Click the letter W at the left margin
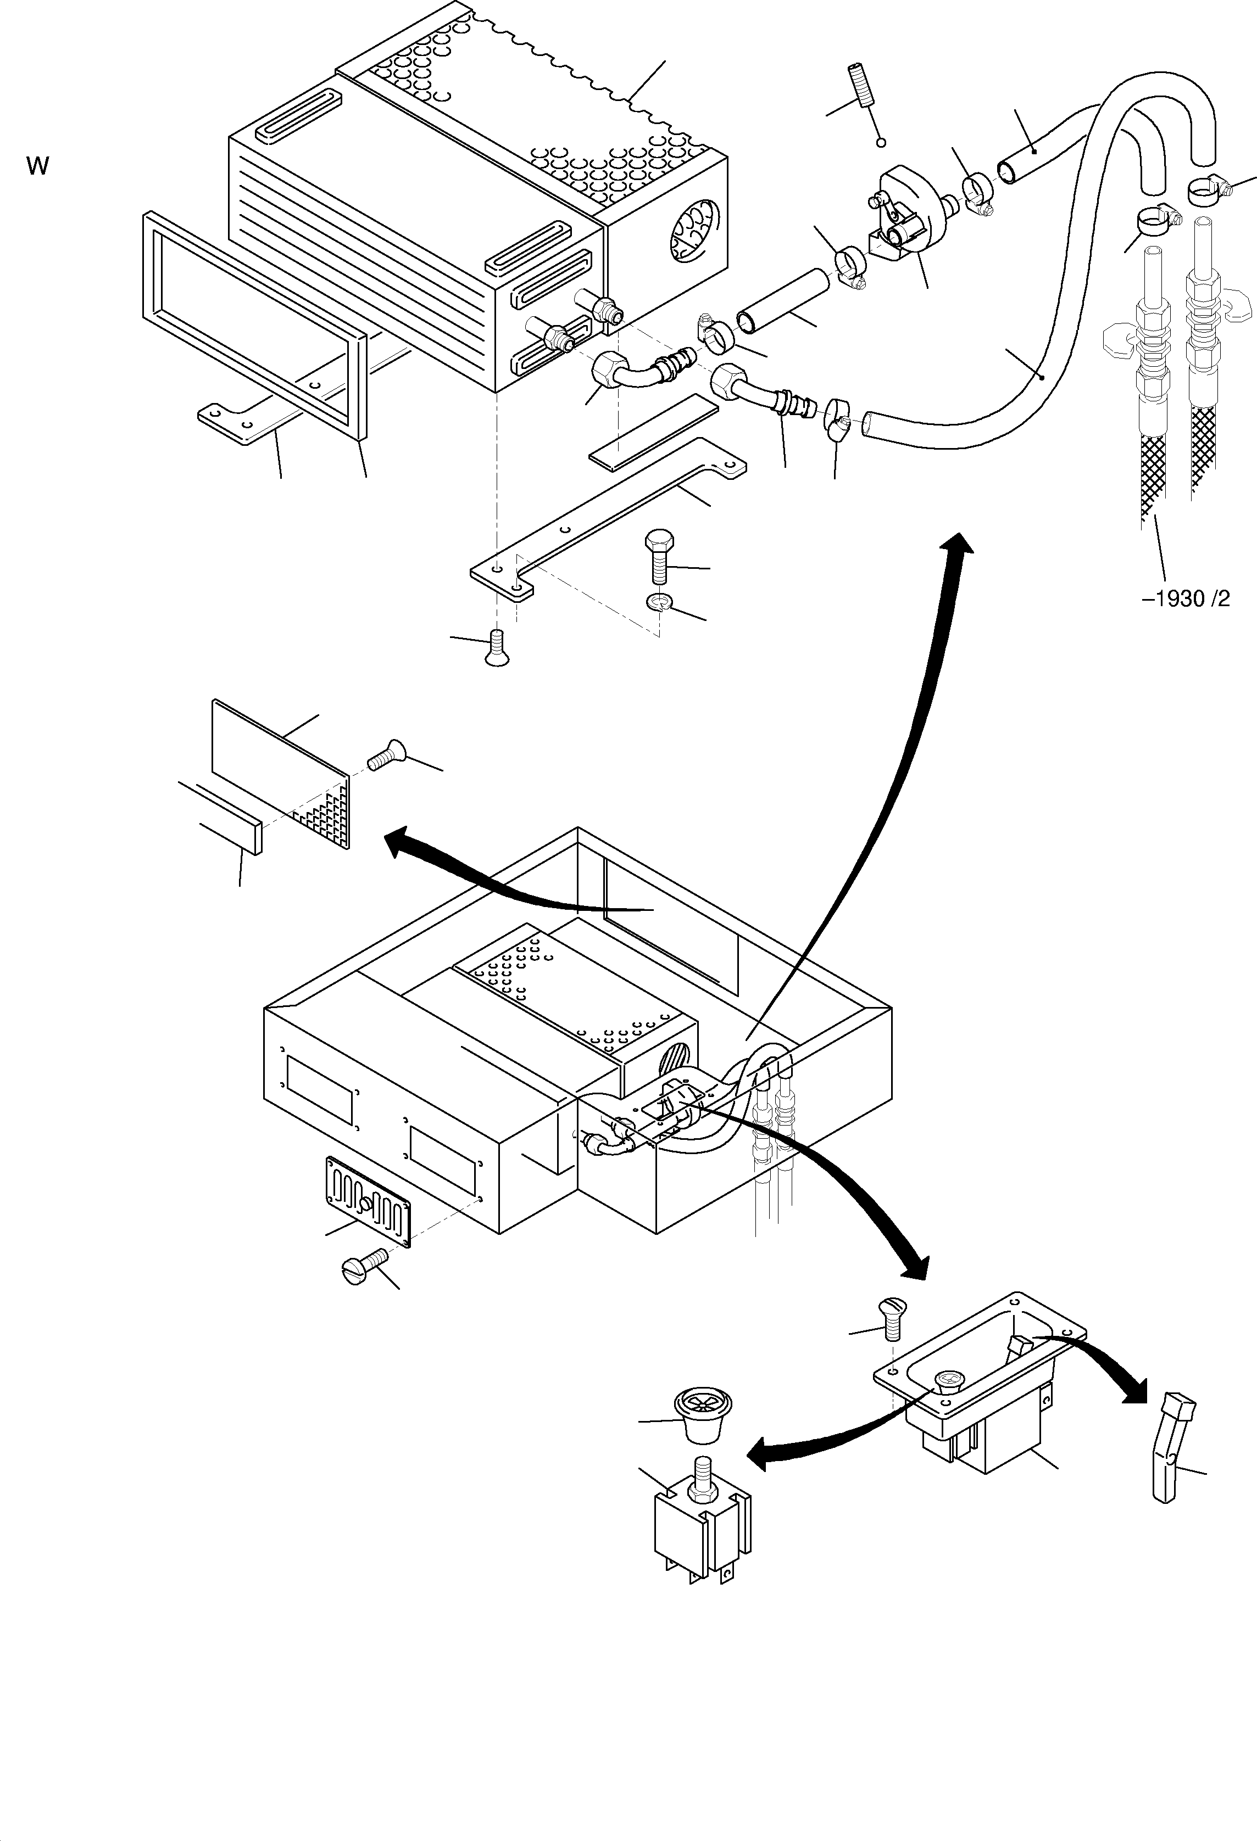37,166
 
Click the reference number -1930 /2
1186,599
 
